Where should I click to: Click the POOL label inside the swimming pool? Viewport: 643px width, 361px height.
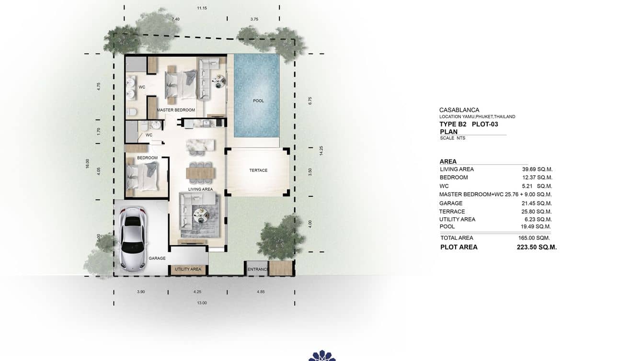point(258,101)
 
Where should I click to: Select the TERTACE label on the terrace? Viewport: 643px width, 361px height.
point(258,170)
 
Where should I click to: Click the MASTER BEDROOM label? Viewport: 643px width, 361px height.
point(176,110)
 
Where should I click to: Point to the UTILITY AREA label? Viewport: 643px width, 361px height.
point(188,270)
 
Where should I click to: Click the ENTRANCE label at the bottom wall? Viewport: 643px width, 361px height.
point(257,270)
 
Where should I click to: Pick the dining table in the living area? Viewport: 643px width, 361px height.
point(201,171)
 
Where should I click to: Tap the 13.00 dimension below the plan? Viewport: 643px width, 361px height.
point(202,303)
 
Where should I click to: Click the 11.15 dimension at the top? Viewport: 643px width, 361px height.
point(202,8)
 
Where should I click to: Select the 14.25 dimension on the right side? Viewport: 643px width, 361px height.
point(322,151)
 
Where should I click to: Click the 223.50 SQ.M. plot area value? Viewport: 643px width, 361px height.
point(537,248)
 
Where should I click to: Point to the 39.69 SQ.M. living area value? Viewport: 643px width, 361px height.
point(537,169)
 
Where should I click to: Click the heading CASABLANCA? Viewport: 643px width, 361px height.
point(459,110)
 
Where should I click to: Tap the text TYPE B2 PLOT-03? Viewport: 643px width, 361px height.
point(469,124)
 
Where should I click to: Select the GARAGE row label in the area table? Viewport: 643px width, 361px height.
point(451,203)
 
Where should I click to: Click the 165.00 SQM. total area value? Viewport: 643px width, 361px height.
point(536,238)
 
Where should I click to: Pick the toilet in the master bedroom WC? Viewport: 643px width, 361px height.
point(131,112)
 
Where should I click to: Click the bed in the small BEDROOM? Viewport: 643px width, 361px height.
point(141,176)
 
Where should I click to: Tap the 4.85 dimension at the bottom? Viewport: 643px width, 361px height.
point(260,292)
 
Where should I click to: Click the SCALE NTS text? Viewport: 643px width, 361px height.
point(452,138)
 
